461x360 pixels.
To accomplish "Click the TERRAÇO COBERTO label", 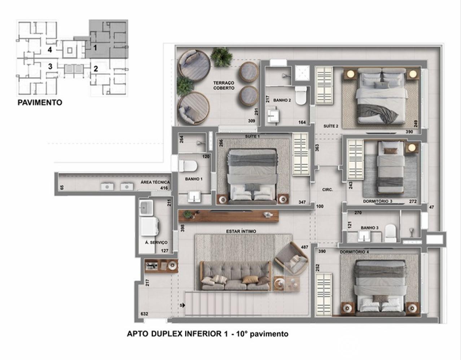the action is [224, 85].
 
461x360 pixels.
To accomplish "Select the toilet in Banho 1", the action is [188, 166].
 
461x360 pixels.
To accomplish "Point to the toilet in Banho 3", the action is [390, 234].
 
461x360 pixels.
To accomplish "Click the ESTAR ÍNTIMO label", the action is [241, 231].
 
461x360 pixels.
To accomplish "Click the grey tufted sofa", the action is [236, 276].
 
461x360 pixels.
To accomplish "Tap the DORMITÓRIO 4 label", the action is [354, 252].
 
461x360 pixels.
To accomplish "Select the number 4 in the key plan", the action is [50, 50].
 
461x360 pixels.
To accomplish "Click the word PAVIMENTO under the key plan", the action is [40, 103].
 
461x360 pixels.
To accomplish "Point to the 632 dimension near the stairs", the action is [144, 314].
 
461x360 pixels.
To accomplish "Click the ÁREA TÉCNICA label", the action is [155, 182].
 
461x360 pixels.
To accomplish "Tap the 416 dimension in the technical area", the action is [164, 188].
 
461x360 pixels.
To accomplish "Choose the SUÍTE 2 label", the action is [331, 126].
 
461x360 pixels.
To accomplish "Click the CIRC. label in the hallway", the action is [327, 190].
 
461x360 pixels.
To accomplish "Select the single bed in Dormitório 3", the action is [391, 168].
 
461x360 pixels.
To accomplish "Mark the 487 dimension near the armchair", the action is [304, 247].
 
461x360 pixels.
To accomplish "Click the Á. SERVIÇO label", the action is [156, 242].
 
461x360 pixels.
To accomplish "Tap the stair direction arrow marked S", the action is [183, 305].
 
